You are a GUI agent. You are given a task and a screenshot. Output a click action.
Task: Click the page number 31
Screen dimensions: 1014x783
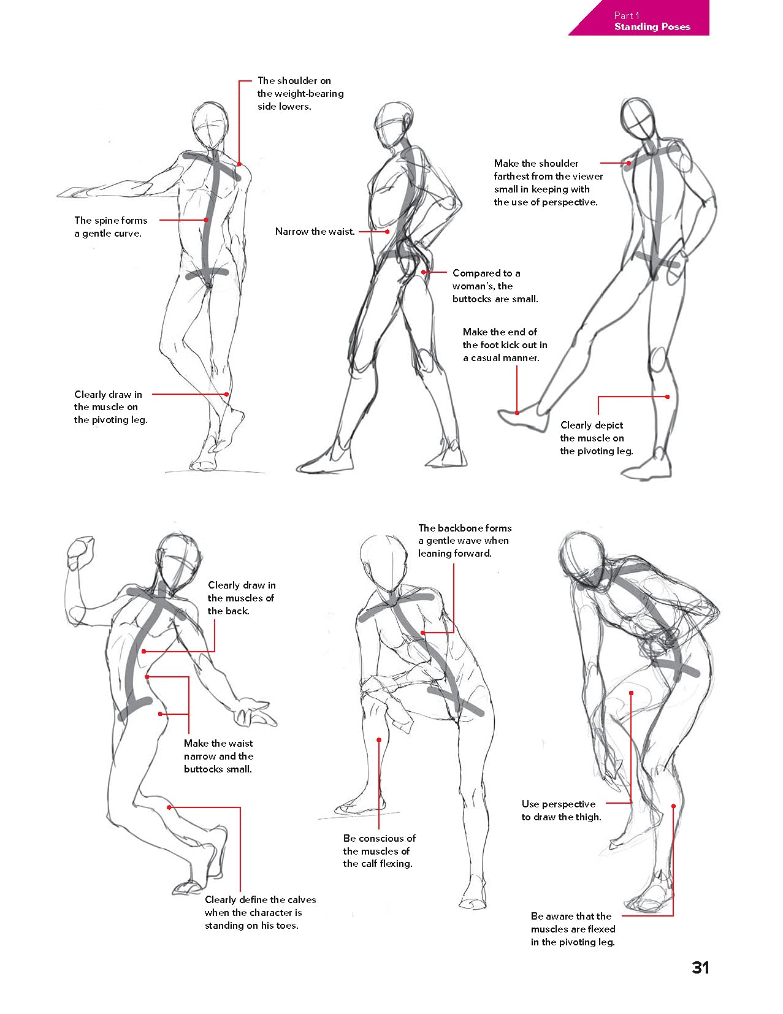pyautogui.click(x=700, y=967)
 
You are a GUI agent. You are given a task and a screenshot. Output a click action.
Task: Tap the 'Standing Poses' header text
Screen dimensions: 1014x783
pyautogui.click(x=652, y=27)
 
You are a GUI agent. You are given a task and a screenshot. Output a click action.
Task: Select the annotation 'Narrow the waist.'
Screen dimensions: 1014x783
pyautogui.click(x=315, y=232)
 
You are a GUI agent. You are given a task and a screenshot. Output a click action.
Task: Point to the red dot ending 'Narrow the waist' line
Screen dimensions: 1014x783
pyautogui.click(x=388, y=232)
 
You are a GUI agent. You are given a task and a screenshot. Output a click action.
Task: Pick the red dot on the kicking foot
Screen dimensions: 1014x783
pyautogui.click(x=517, y=413)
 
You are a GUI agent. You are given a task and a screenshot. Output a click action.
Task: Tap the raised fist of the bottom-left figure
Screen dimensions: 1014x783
pyautogui.click(x=80, y=551)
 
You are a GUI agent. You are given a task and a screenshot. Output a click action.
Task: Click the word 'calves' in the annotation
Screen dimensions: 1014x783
pyautogui.click(x=302, y=900)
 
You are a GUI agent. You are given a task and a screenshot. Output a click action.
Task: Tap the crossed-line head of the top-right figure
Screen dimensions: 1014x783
pyautogui.click(x=638, y=115)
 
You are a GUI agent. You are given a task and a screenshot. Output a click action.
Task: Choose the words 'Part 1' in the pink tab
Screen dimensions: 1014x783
pyautogui.click(x=627, y=16)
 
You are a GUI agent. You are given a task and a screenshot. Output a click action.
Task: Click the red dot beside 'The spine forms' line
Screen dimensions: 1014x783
pyautogui.click(x=207, y=220)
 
